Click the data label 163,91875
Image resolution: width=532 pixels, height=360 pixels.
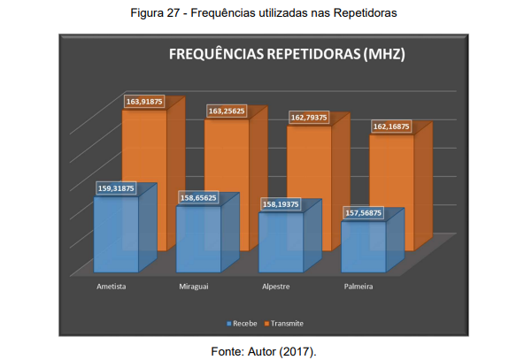(x=145, y=102)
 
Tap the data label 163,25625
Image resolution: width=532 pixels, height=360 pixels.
(x=227, y=111)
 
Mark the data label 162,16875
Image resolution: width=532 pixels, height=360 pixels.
(x=391, y=126)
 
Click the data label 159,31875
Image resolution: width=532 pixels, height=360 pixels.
(x=115, y=188)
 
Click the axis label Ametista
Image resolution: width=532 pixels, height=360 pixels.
(x=111, y=287)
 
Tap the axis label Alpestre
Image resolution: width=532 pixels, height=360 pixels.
(x=276, y=287)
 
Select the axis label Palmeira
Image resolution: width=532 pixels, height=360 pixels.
(x=358, y=287)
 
